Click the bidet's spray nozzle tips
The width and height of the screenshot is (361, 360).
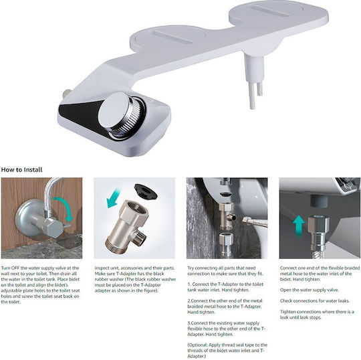click(x=255, y=95)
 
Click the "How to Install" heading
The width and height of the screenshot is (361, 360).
click(x=21, y=170)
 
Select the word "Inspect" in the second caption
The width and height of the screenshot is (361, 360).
click(x=102, y=268)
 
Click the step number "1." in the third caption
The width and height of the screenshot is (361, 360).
click(x=189, y=284)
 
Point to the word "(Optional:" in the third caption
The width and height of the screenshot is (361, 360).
click(x=197, y=345)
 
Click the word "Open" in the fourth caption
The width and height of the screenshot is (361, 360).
click(x=285, y=290)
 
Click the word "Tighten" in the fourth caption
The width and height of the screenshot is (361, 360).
click(x=287, y=312)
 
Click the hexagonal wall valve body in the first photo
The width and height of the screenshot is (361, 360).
click(x=53, y=228)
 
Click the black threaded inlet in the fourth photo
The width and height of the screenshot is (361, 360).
click(x=319, y=201)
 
